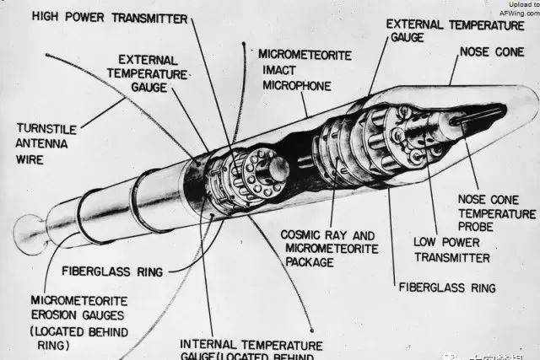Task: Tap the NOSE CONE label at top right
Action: click(x=491, y=52)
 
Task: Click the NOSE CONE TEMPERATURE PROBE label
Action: click(x=496, y=212)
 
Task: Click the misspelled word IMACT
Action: click(x=278, y=71)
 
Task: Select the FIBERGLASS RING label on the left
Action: click(x=113, y=271)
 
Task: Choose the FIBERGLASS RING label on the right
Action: click(x=446, y=287)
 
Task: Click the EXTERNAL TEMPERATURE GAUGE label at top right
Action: click(x=454, y=31)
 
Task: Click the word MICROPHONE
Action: click(x=296, y=85)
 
